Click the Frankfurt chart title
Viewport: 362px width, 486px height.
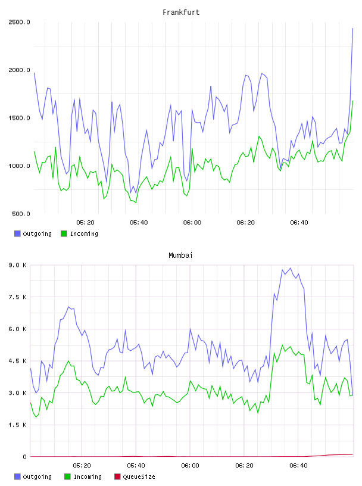click(181, 13)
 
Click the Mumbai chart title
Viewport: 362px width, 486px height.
click(180, 256)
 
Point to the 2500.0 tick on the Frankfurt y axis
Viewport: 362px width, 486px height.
click(19, 22)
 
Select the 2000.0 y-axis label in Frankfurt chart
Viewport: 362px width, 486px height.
click(19, 70)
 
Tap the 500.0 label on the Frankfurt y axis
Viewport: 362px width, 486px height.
click(21, 214)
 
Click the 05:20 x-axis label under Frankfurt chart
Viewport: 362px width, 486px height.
click(85, 223)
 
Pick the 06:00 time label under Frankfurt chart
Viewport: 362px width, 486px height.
click(192, 223)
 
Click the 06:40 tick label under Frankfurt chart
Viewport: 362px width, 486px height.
click(299, 223)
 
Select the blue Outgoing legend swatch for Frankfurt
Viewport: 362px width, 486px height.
click(17, 233)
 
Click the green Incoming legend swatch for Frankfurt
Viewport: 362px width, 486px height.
click(64, 233)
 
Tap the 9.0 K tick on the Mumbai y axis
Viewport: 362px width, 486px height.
click(17, 265)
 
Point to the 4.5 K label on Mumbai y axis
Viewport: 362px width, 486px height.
click(17, 361)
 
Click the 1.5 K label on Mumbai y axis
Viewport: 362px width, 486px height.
click(17, 425)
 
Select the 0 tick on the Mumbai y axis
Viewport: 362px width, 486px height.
click(24, 457)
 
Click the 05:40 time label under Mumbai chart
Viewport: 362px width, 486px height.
click(136, 466)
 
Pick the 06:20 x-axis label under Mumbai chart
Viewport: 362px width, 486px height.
click(244, 466)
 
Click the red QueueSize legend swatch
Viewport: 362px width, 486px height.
click(117, 476)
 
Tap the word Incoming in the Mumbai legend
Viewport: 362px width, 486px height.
click(88, 476)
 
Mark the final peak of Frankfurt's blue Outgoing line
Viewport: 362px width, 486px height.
click(352, 28)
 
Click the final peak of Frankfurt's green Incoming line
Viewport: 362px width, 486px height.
click(352, 101)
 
